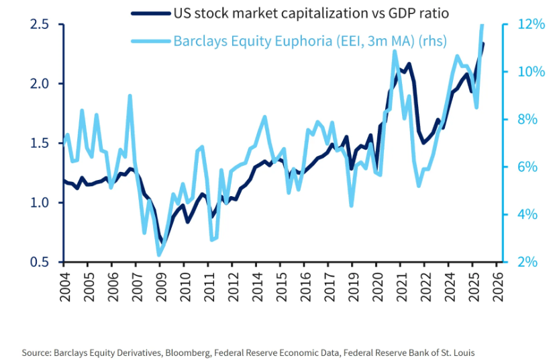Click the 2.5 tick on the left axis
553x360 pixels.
tap(40, 24)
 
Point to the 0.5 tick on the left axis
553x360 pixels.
tap(40, 262)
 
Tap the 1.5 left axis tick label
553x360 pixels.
tap(40, 143)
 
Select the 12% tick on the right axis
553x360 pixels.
tap(523, 24)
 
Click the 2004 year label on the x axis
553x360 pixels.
tap(65, 285)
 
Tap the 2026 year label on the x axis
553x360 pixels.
tap(497, 285)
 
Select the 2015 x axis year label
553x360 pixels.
tap(281, 285)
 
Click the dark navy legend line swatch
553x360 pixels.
tap(148, 13)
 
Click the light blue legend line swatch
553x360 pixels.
tap(148, 41)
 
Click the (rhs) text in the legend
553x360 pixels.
tap(432, 41)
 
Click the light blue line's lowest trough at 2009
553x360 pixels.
tap(159, 255)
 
